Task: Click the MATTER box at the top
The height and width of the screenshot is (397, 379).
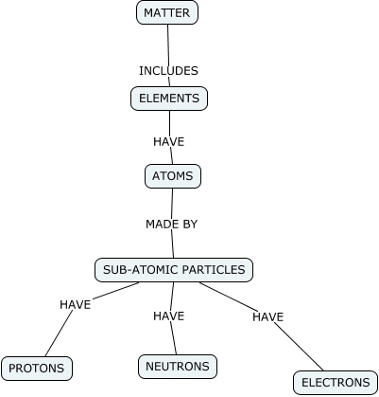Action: click(167, 12)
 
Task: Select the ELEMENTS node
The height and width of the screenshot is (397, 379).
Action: click(168, 98)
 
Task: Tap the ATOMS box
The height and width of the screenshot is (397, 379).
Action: click(172, 176)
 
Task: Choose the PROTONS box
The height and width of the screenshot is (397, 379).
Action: click(37, 368)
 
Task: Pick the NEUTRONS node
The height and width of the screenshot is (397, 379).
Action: click(178, 366)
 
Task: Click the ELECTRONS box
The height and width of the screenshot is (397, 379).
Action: click(336, 383)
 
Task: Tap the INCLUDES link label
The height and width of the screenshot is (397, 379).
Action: click(168, 70)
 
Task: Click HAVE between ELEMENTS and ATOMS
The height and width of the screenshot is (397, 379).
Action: click(168, 141)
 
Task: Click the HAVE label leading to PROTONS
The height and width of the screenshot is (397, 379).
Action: click(75, 304)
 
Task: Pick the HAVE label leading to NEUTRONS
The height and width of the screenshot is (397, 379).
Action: click(168, 316)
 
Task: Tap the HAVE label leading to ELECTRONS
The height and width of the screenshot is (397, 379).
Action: click(267, 316)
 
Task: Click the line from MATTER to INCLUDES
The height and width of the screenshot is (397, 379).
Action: click(167, 43)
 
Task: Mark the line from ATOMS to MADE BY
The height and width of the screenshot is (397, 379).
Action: click(171, 202)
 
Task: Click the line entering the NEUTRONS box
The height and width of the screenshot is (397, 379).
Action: click(174, 339)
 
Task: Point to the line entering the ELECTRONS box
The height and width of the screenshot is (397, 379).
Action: click(302, 352)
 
